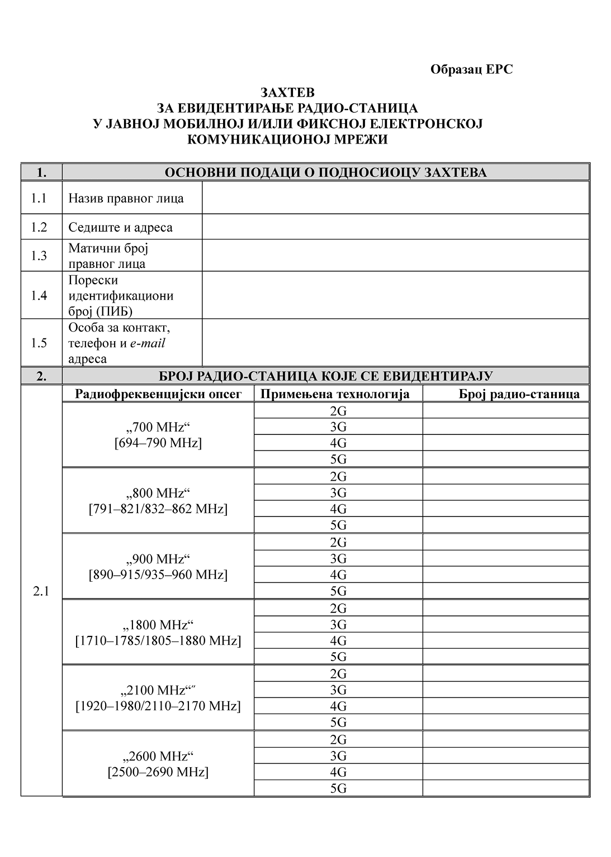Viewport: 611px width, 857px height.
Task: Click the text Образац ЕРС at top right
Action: (x=471, y=69)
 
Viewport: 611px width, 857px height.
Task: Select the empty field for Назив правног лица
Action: (x=395, y=198)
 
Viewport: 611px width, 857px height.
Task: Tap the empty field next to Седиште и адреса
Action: (x=395, y=227)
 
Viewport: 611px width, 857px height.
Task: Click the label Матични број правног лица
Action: (x=107, y=256)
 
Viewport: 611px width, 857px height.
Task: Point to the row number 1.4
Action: (x=39, y=295)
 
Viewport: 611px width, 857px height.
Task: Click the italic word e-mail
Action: (x=148, y=343)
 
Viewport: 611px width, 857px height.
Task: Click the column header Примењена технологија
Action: (x=335, y=394)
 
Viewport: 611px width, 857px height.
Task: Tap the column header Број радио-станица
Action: (x=519, y=394)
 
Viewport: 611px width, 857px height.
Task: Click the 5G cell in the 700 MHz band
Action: (x=338, y=459)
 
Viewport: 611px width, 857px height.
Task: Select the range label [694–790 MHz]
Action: (x=158, y=443)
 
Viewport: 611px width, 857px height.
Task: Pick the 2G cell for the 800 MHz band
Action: (x=338, y=476)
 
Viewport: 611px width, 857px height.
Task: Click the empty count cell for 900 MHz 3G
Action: (x=506, y=558)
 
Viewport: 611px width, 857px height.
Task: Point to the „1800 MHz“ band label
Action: (x=158, y=624)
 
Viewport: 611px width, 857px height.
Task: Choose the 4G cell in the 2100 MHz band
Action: (x=338, y=706)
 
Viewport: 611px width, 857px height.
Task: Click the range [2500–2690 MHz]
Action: (x=158, y=772)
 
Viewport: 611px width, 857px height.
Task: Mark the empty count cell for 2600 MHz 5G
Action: (x=506, y=788)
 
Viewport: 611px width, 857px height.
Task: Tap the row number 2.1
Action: (x=41, y=591)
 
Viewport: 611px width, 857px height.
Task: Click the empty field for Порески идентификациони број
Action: (x=395, y=295)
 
